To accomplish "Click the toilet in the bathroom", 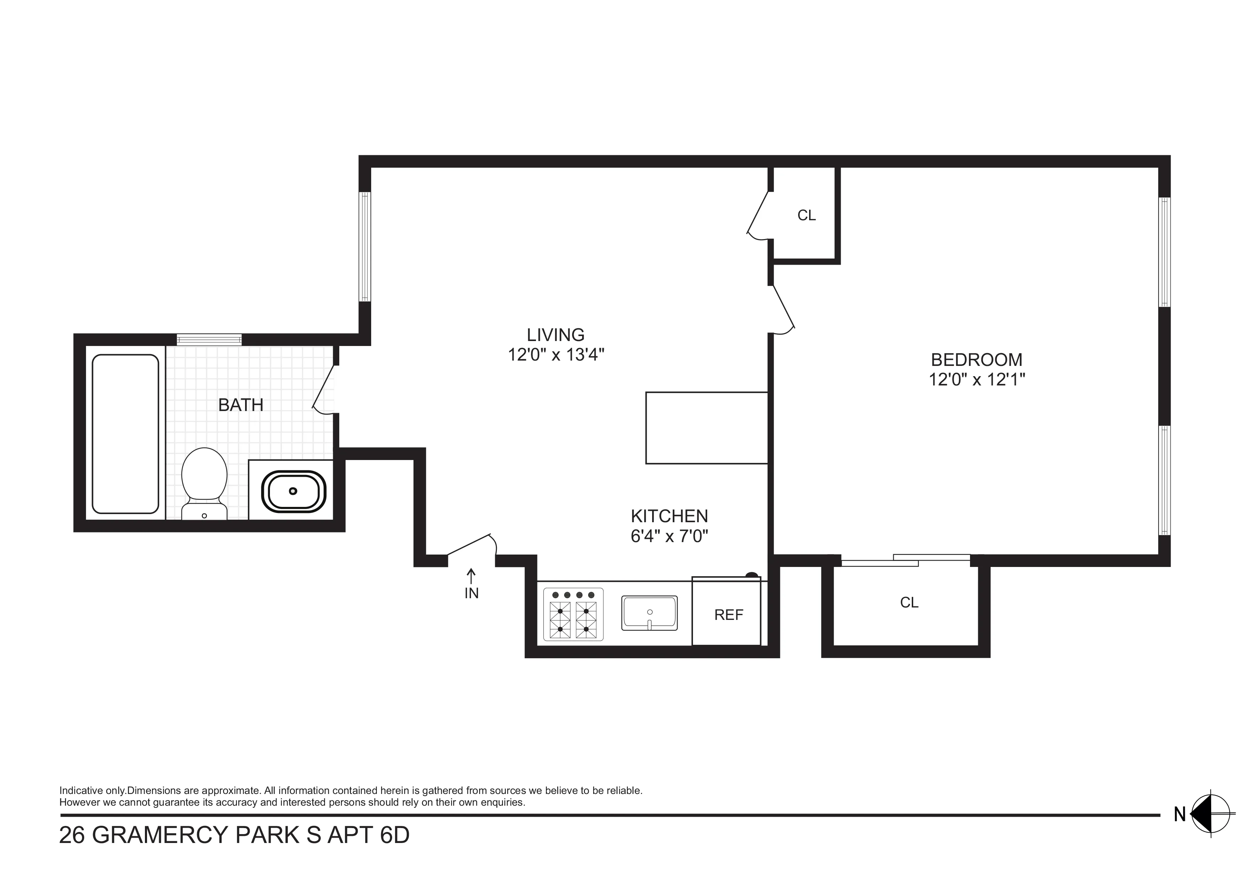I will (x=204, y=480).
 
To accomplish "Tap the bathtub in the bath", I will (x=125, y=434).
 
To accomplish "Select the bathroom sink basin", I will (x=294, y=492).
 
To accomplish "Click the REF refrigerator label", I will (x=728, y=615).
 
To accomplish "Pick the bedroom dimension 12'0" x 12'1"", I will (x=976, y=379).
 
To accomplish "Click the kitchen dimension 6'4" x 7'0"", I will (x=669, y=536).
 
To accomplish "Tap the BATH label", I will (x=240, y=405).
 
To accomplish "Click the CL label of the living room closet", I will (x=806, y=216).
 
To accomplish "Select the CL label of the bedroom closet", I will (x=909, y=602).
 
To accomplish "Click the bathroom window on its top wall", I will (x=209, y=340).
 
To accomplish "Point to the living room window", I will (x=365, y=247).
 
